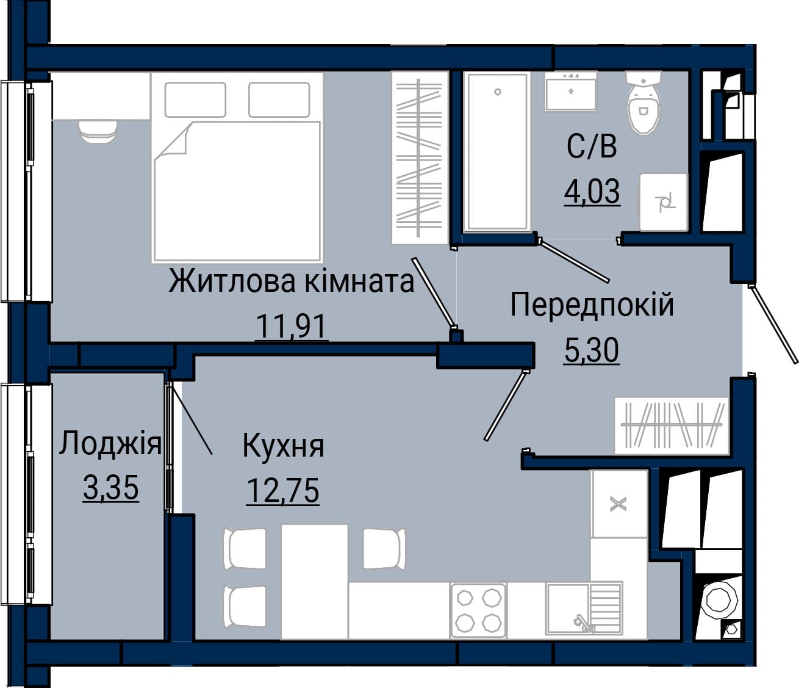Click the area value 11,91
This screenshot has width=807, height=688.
(291, 327)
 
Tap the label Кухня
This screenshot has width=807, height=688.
(284, 446)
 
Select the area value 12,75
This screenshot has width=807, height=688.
(283, 491)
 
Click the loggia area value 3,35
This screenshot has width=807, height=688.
(111, 488)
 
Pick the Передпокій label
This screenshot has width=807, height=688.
(592, 305)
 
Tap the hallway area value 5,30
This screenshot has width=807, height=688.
(592, 350)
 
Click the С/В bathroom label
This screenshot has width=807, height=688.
(592, 147)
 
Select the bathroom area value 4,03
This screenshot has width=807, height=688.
(592, 192)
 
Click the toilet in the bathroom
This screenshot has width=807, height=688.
(644, 103)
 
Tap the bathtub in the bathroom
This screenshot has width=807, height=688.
(497, 151)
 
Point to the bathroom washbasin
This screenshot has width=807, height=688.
(571, 90)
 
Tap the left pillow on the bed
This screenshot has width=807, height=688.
(195, 100)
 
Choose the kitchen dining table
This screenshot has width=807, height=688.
(315, 581)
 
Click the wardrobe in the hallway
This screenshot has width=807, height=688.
(672, 426)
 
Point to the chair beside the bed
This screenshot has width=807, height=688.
(98, 131)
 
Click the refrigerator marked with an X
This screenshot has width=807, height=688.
(619, 504)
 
